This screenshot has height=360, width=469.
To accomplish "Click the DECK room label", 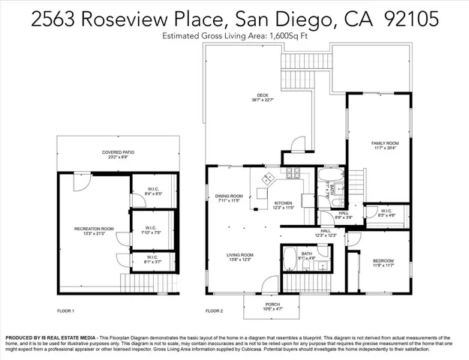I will (x=262, y=95).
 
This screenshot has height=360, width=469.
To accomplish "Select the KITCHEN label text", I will (x=283, y=203).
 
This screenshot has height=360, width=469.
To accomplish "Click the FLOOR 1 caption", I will (x=66, y=310).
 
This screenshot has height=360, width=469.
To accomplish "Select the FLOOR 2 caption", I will (x=214, y=310).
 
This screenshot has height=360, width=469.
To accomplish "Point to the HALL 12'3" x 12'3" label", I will (x=326, y=233).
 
